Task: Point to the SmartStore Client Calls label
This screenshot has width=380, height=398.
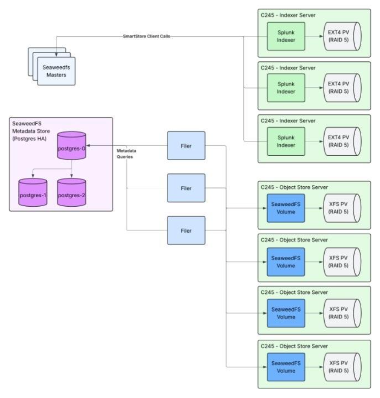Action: click(146, 37)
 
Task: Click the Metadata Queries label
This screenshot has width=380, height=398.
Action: click(126, 153)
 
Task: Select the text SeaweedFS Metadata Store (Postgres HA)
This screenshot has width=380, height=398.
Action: click(32, 129)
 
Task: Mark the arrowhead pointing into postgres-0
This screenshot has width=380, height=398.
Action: click(89, 146)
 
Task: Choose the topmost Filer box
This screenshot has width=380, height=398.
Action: click(186, 146)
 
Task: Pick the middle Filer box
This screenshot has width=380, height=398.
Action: click(186, 188)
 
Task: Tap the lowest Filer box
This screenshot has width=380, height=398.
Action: click(186, 230)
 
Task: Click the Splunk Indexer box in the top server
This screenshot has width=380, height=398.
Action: click(285, 37)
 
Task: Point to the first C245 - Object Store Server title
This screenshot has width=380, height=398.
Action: click(294, 188)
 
